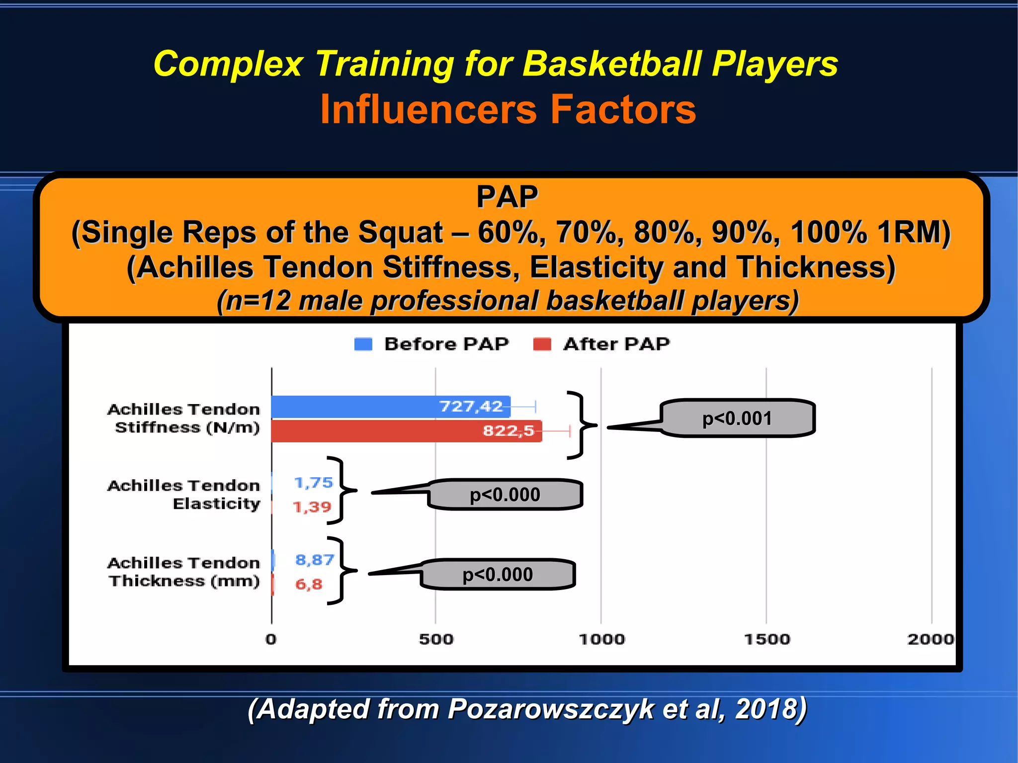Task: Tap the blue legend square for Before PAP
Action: pos(363,344)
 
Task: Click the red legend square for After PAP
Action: pos(542,344)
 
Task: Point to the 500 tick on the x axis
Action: pos(436,639)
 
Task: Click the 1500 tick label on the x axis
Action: pos(766,639)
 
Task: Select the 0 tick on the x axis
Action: pos(271,639)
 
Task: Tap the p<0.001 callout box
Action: pos(738,419)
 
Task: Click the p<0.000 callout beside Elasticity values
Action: pos(505,495)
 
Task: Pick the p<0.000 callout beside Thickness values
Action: pos(498,575)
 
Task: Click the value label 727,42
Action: pos(471,407)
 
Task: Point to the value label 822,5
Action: pos(509,430)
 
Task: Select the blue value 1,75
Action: pos(313,483)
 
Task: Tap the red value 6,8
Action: pos(309,585)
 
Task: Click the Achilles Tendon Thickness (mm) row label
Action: pos(184,572)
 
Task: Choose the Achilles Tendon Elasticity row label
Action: pos(184,494)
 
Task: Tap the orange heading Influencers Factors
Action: pos(508,109)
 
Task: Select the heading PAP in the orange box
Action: pos(507,197)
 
